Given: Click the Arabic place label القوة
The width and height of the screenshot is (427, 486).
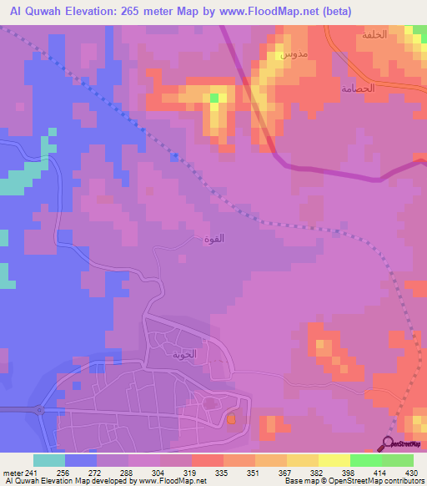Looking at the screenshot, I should tap(213, 238).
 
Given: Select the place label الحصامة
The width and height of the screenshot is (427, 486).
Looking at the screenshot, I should tap(357, 88).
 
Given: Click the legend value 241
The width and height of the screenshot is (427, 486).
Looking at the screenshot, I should tap(33, 472).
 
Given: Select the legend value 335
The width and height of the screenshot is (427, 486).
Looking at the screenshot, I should tap(222, 472).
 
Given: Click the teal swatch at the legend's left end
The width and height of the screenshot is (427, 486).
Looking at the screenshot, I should tap(48, 460).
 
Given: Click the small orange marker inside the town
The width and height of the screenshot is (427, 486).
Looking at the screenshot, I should tap(232, 419).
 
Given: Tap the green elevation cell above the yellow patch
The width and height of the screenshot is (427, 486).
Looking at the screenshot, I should tap(214, 98).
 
